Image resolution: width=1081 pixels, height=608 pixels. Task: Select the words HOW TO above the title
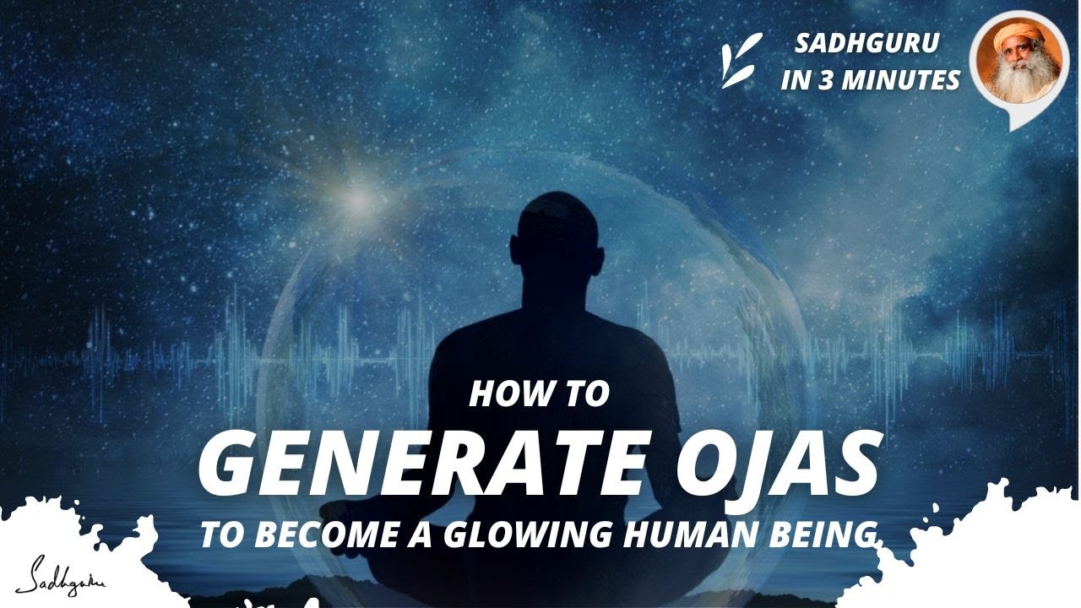pos(538,394)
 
